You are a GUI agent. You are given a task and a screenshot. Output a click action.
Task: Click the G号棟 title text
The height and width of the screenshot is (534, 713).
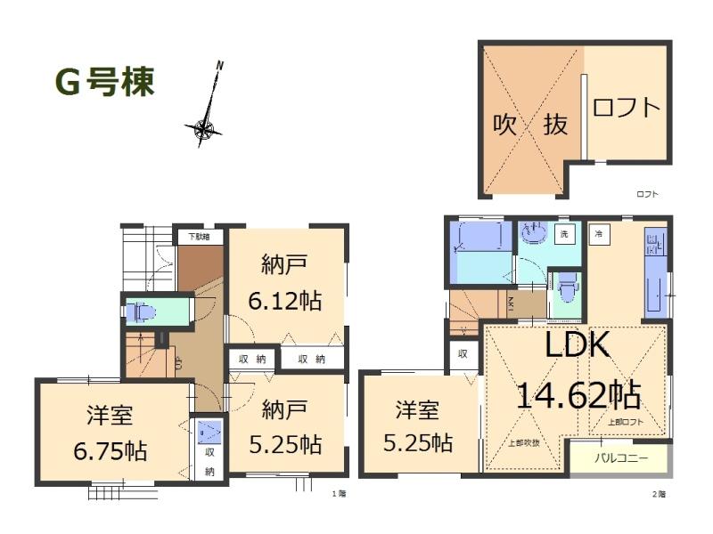click(x=105, y=82)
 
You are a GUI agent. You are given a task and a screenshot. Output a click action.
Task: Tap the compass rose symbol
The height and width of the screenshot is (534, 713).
click(x=204, y=130)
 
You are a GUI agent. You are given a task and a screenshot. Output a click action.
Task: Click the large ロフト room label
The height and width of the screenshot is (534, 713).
click(x=627, y=108)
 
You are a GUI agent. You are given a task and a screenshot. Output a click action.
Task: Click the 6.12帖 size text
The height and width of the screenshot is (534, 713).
click(x=285, y=300)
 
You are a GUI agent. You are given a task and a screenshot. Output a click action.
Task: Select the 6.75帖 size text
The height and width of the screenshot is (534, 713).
click(x=111, y=449)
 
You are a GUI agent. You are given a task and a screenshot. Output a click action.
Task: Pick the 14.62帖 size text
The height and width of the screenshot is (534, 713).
click(x=576, y=392)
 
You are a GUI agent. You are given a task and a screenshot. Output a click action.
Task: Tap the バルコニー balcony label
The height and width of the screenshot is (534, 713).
click(x=622, y=460)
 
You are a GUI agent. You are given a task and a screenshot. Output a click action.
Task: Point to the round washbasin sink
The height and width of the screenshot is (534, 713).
click(x=533, y=234)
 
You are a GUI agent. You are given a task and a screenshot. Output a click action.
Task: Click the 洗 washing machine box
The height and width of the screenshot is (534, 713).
click(x=563, y=235)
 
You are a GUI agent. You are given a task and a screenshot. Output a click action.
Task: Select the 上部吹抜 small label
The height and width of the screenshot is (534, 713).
click(x=524, y=442)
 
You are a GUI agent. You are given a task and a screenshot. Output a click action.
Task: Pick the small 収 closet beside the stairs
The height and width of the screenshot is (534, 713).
click(x=463, y=353)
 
